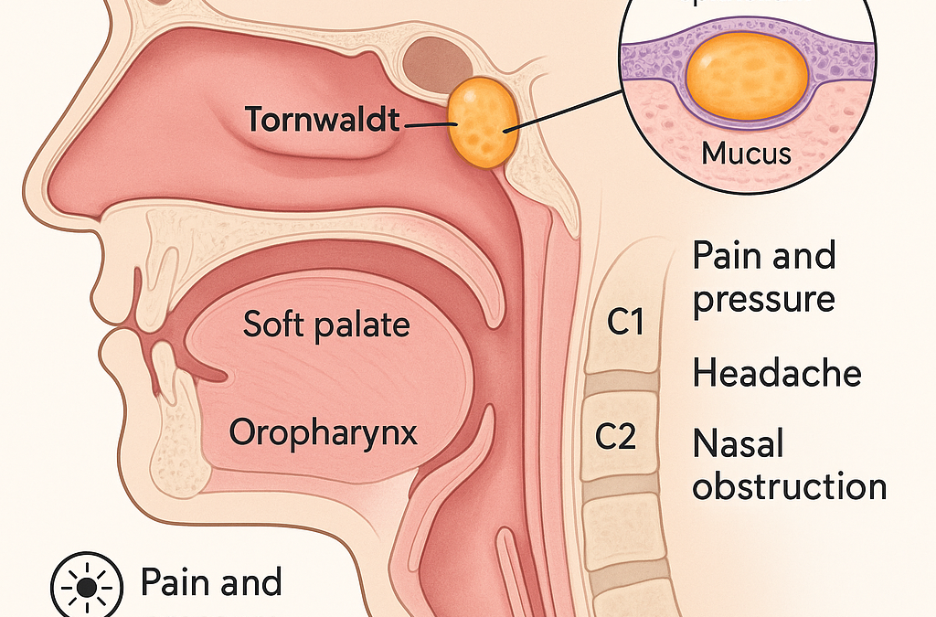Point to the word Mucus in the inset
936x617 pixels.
point(746,152)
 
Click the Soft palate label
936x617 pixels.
point(326,324)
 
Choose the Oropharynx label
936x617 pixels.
point(324,432)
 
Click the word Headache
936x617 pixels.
point(777,374)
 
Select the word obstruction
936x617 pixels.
point(789,486)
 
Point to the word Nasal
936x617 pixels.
point(739,445)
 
